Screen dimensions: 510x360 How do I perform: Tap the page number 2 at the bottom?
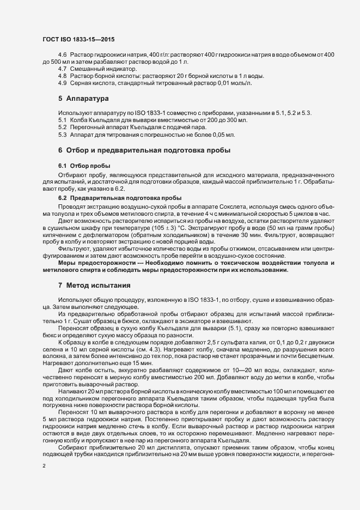click(x=44, y=466)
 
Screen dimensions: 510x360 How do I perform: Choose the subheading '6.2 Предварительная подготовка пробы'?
click(x=119, y=197)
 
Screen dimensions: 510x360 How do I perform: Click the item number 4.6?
click(x=62, y=56)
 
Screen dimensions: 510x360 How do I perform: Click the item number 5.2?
click(x=62, y=126)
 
